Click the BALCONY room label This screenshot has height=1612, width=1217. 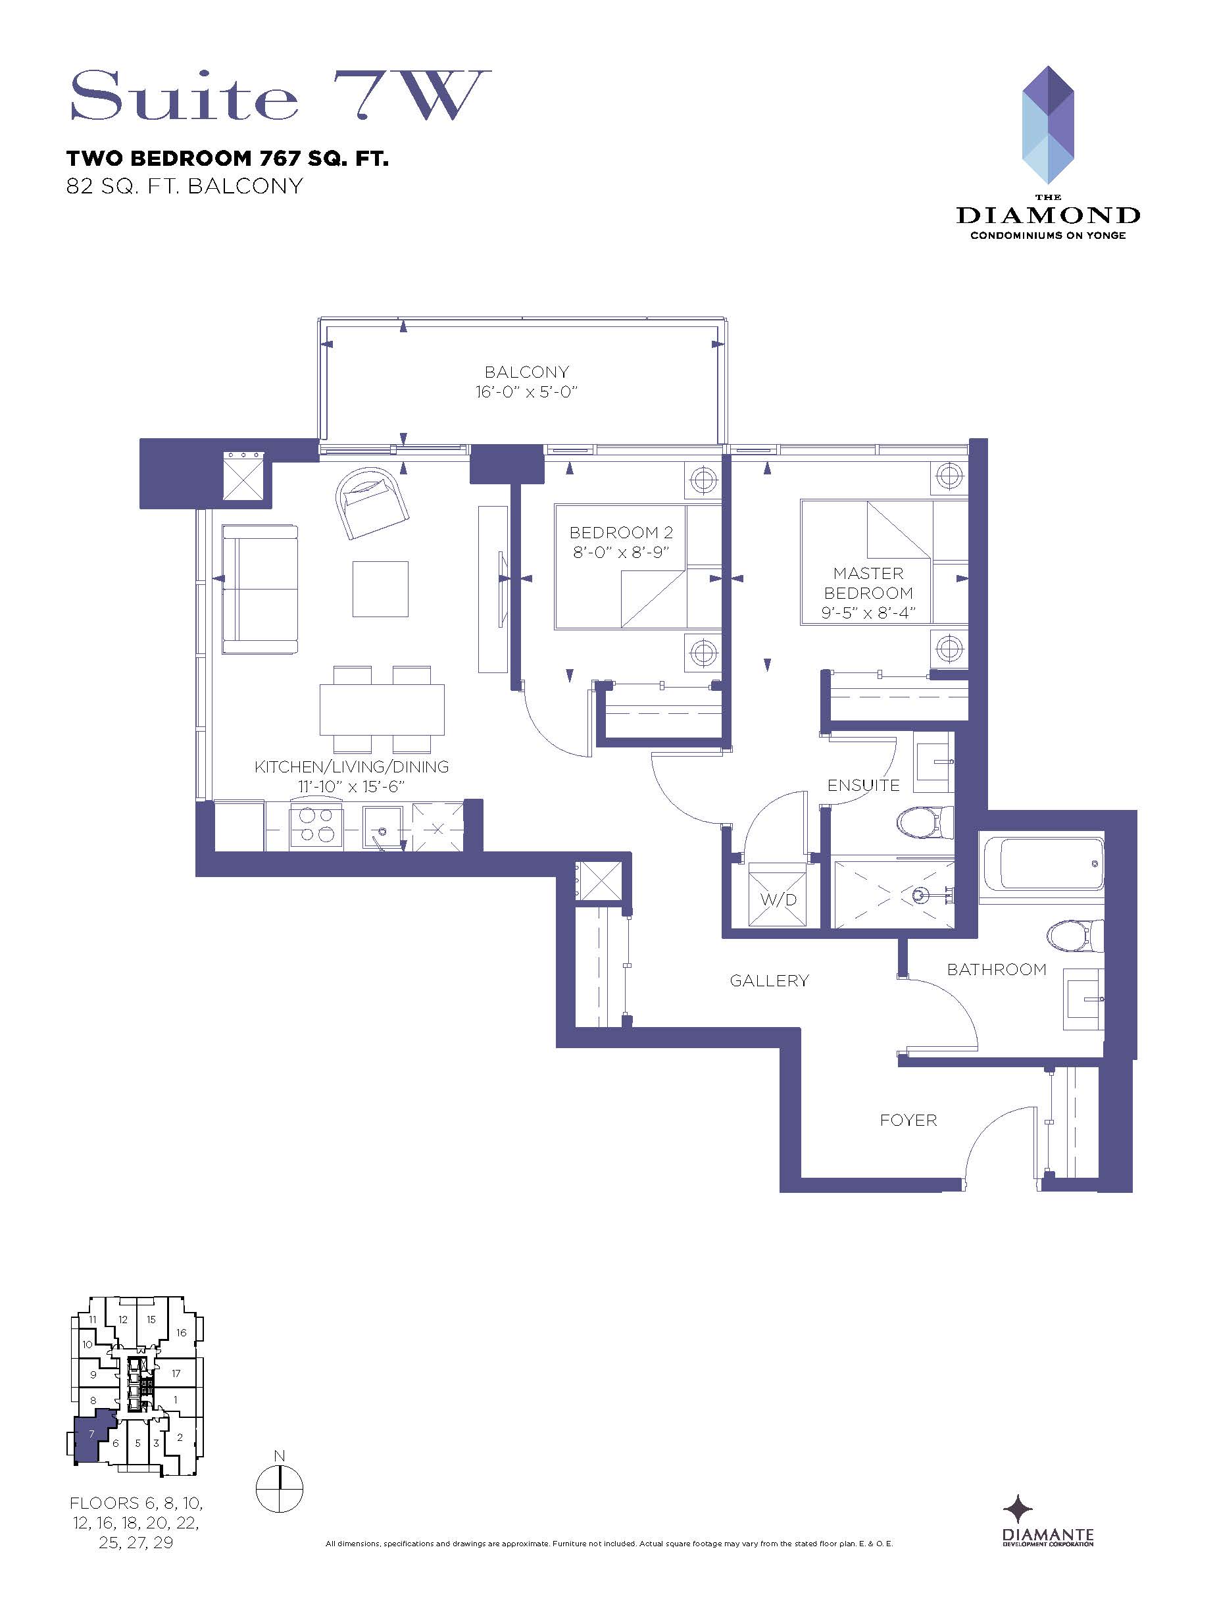coord(526,372)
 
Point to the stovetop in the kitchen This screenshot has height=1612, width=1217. coord(316,826)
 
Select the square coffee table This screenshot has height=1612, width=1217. coord(380,589)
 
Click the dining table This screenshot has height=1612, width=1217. coord(382,709)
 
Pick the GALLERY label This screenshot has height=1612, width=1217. coord(770,981)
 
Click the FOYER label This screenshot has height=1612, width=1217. coord(908,1120)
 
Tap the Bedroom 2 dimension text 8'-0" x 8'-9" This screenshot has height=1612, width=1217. coord(621,553)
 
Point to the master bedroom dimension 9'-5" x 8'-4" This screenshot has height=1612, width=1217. coord(868,613)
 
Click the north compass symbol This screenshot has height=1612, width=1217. coord(279,1488)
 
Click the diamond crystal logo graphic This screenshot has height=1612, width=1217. coord(1048,124)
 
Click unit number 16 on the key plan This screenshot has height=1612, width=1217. coord(182,1332)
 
